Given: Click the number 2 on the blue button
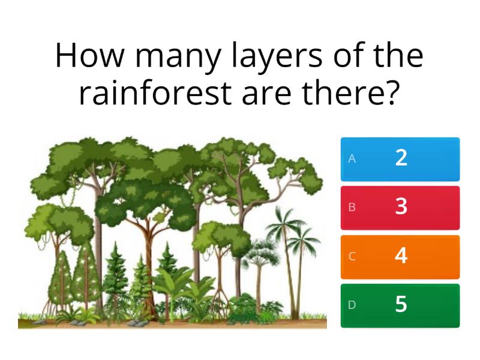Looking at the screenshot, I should (401, 158).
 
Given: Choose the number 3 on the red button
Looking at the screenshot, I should (401, 207).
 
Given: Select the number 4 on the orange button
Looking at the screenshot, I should (401, 256).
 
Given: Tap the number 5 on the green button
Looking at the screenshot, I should (401, 305).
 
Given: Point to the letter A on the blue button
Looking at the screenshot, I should (352, 159).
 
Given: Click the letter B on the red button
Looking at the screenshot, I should (352, 208).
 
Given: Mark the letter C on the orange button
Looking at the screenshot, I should (352, 256).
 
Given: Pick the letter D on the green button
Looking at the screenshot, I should (352, 305).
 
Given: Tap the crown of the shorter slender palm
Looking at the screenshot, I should (303, 237).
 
